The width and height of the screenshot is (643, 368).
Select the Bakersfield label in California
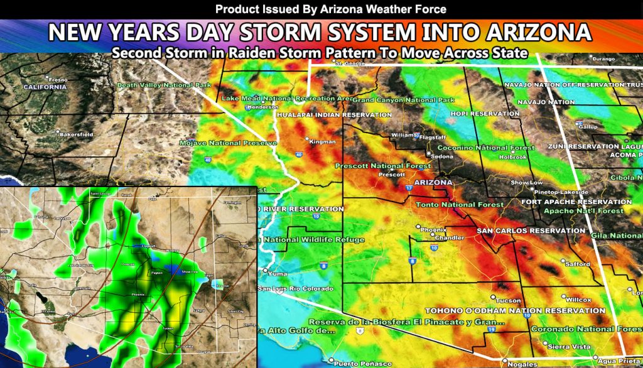(76, 134)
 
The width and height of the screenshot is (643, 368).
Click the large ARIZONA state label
(431, 182)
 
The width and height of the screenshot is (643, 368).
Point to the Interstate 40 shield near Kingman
(298, 154)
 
